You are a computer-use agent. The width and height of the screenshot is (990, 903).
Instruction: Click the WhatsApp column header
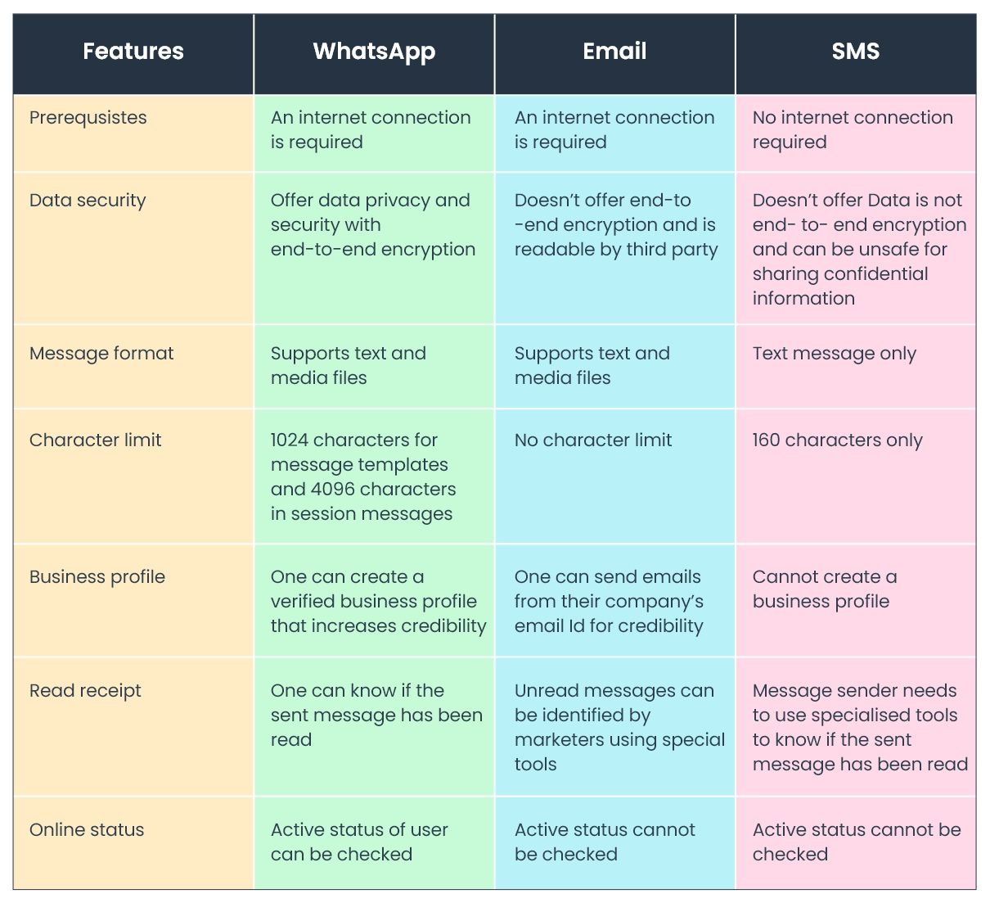[374, 52]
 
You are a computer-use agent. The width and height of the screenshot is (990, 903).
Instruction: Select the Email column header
[614, 52]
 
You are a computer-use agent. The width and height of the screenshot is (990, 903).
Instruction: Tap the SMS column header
[855, 52]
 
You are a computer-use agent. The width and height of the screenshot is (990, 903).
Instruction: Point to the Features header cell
[133, 52]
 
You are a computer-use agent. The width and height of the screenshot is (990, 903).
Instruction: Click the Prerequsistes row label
[88, 118]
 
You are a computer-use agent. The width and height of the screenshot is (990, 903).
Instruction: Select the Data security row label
[88, 201]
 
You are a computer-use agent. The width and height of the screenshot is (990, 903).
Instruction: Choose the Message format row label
[101, 354]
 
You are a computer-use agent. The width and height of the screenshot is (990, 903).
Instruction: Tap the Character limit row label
[96, 440]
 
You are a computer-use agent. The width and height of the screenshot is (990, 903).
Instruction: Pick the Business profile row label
[97, 577]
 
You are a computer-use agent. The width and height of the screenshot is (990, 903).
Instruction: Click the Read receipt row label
[85, 691]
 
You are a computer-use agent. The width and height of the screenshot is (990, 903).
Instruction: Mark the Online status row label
[87, 830]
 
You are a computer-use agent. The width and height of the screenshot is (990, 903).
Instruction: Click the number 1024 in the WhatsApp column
[290, 440]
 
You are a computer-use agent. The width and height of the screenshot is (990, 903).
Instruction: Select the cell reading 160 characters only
[837, 440]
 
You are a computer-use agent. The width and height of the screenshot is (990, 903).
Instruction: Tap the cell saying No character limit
[593, 440]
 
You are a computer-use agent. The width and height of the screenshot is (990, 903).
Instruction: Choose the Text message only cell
[834, 354]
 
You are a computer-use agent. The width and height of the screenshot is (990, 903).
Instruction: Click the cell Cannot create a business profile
[824, 589]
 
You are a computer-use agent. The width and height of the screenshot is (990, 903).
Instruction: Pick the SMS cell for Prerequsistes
[852, 130]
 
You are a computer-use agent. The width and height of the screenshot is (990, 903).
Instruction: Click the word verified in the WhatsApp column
[303, 602]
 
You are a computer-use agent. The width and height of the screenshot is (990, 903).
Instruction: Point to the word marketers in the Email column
[560, 740]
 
